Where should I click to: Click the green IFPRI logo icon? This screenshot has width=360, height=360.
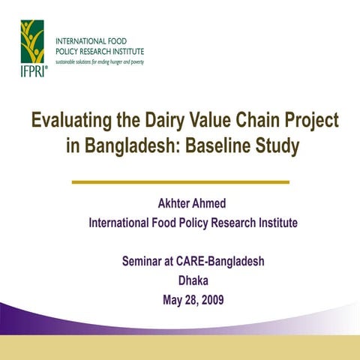32,41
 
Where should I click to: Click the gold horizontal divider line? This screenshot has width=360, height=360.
180,181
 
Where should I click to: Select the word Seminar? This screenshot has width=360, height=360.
146,262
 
